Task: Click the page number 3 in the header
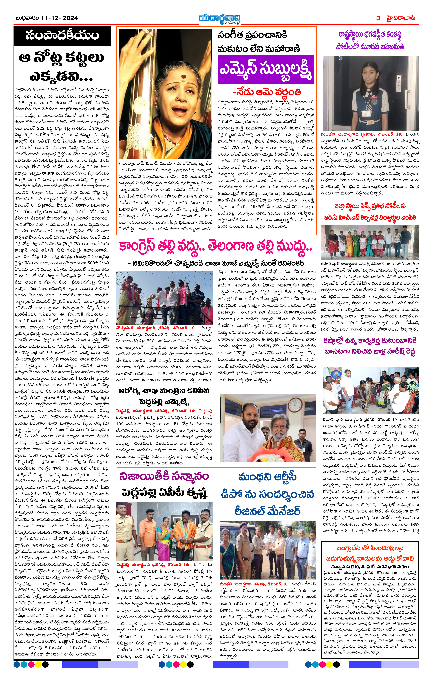tap(378, 18)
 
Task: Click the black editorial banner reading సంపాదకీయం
tap(62, 35)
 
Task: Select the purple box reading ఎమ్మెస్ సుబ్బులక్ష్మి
tap(266, 69)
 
